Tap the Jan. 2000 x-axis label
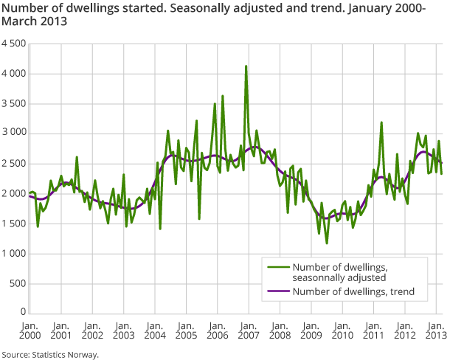[x=30, y=330]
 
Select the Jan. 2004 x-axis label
[x=155, y=330]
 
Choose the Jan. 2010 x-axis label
[x=342, y=330]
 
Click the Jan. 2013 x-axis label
[x=435, y=330]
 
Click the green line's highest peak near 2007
[x=246, y=66]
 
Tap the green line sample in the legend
[x=277, y=267]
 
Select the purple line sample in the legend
[x=277, y=292]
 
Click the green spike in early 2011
[x=381, y=122]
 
